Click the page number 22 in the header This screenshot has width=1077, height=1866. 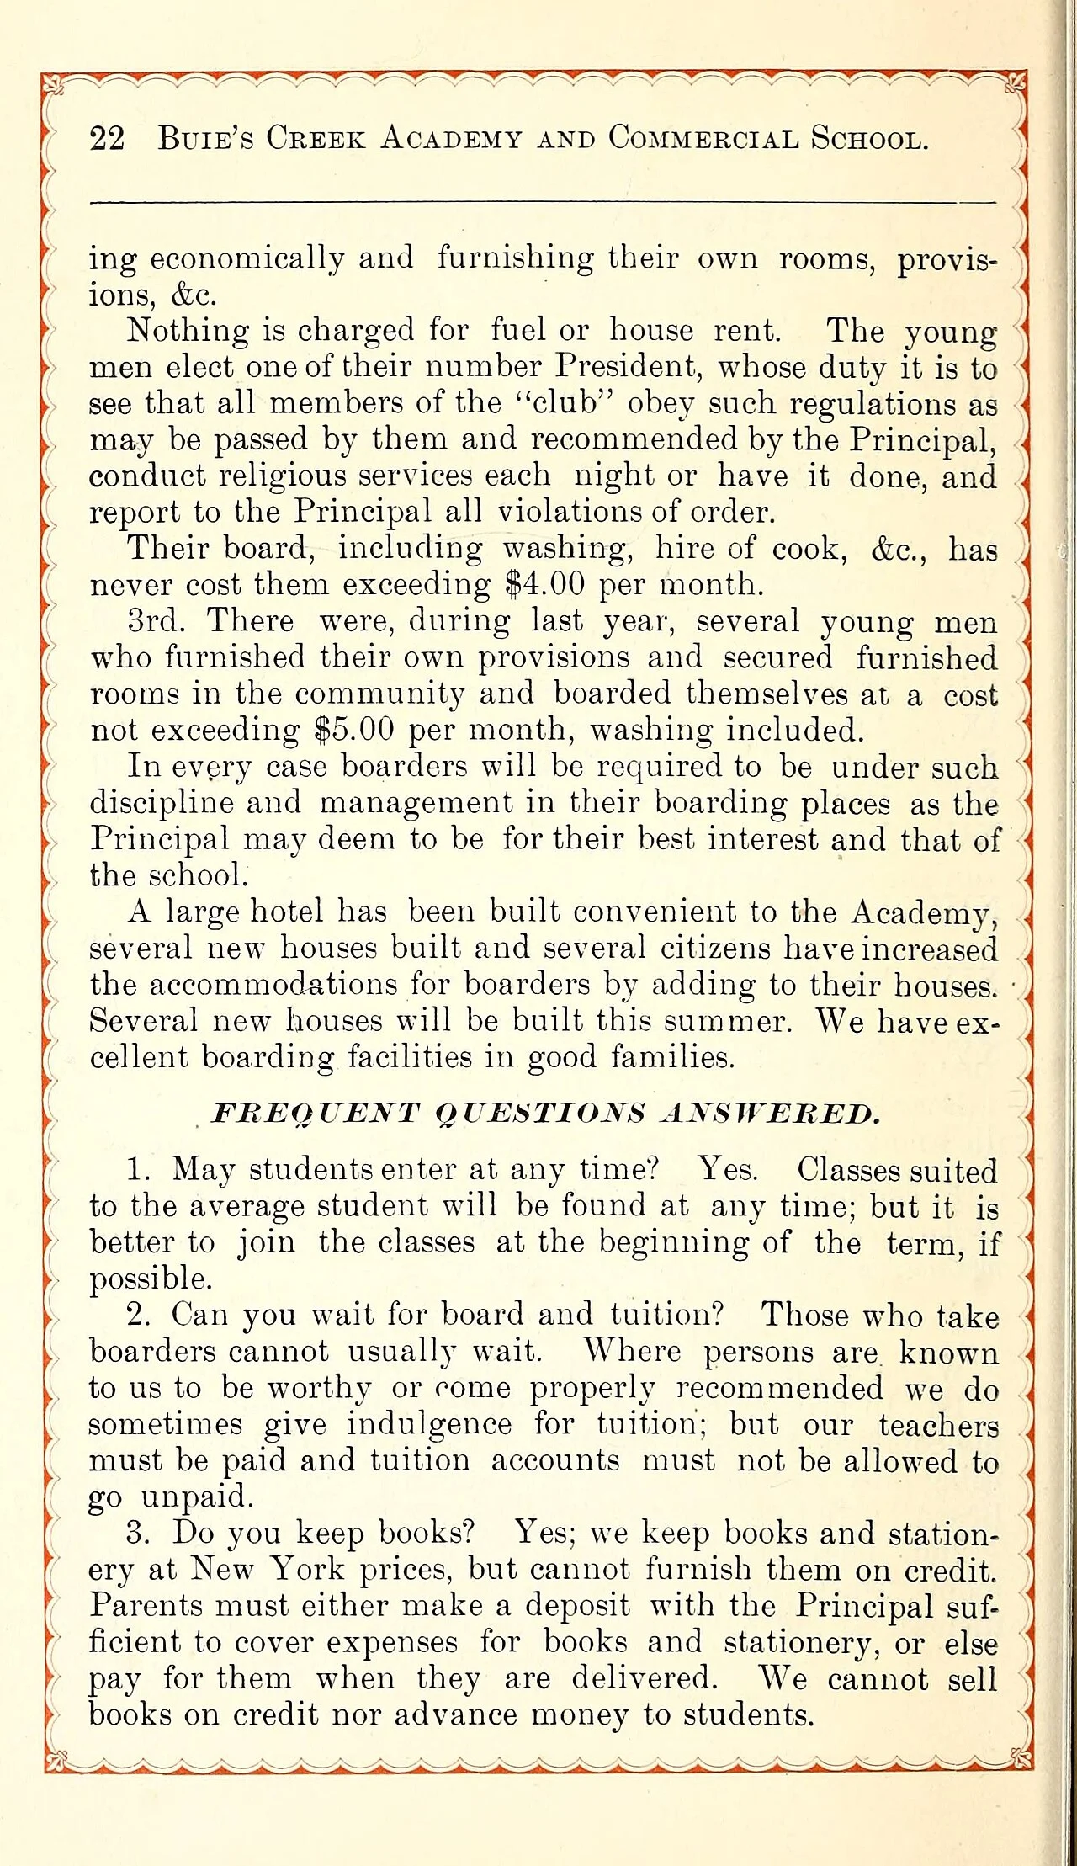click(107, 139)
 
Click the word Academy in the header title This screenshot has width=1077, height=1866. click(451, 138)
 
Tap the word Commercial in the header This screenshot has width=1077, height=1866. click(703, 138)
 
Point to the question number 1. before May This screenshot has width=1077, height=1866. click(141, 1170)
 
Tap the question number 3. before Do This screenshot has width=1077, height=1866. click(139, 1533)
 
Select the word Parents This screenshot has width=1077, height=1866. click(146, 1605)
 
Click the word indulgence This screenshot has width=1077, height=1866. click(429, 1424)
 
